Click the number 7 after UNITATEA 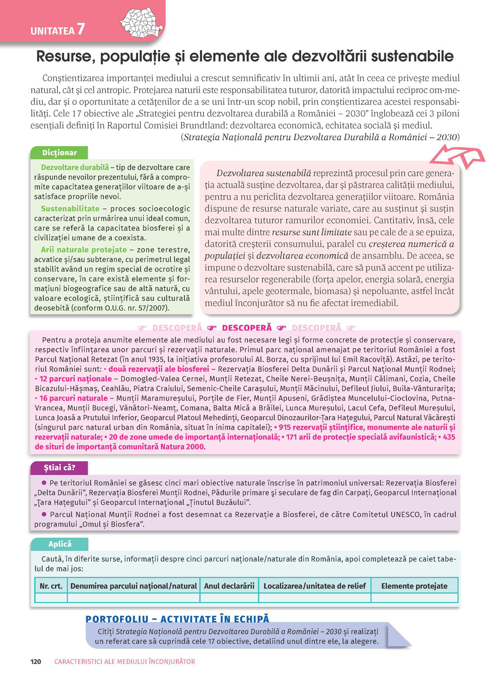click(80, 29)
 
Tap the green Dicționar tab click(59, 153)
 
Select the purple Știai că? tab click(59, 467)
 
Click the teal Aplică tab click(60, 544)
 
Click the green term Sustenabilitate click(70, 208)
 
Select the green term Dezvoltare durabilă click(75, 167)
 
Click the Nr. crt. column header click(51, 585)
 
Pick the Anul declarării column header click(229, 585)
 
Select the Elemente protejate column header click(414, 585)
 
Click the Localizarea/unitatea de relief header click(315, 585)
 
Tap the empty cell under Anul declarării click(229, 598)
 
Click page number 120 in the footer click(36, 661)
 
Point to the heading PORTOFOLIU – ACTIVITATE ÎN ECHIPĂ click(177, 619)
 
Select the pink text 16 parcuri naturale click(73, 398)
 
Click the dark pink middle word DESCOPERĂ click(246, 328)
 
